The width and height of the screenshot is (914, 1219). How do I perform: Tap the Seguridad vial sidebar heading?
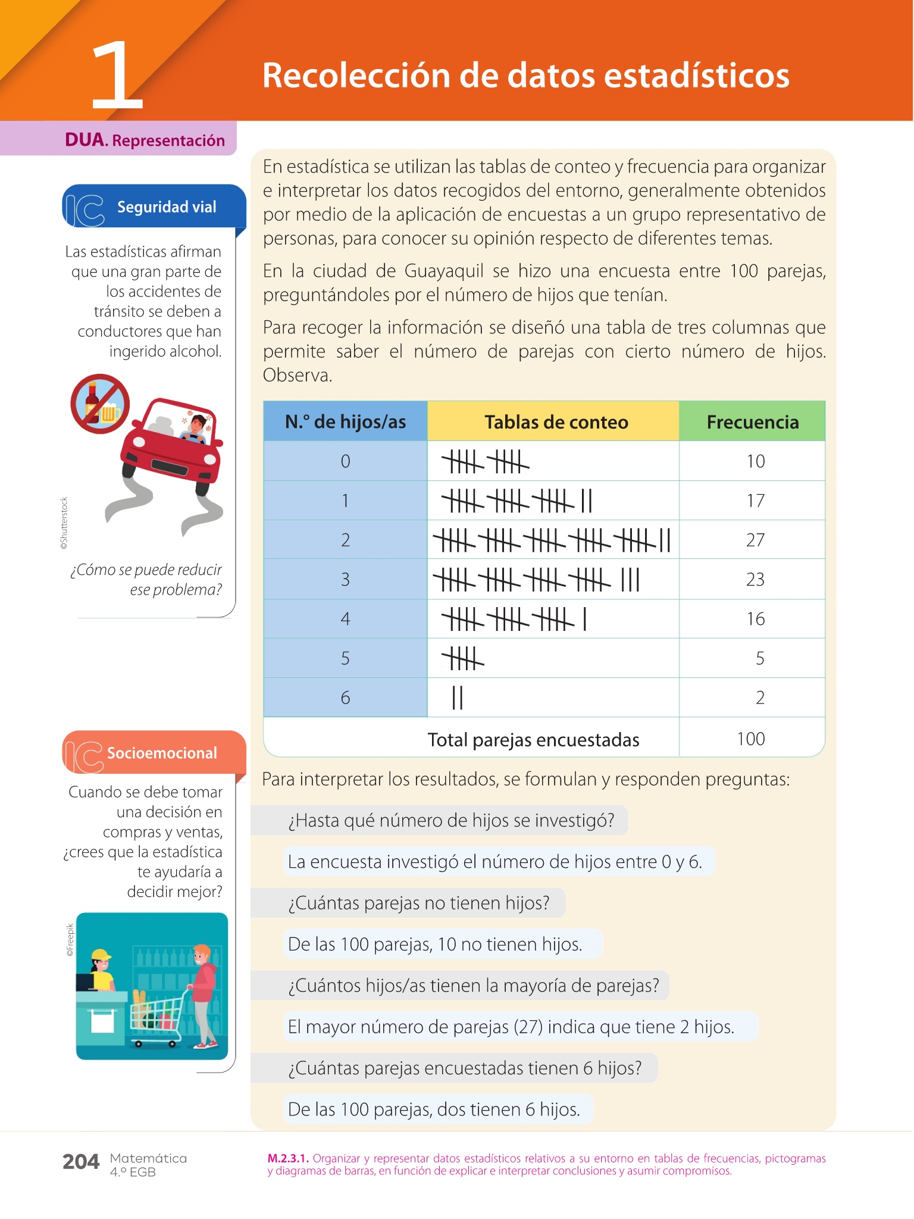click(x=166, y=207)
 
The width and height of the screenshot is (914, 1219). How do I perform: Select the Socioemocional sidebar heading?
click(x=161, y=753)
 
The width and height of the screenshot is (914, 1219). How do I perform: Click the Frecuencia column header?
click(x=752, y=422)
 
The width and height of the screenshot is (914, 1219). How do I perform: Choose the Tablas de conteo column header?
click(x=556, y=422)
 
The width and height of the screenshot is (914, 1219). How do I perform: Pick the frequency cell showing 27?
click(x=755, y=540)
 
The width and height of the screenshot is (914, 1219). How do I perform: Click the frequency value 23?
click(x=755, y=579)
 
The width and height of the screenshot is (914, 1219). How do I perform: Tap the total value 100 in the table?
click(x=750, y=739)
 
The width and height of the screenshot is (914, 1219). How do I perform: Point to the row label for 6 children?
click(x=345, y=698)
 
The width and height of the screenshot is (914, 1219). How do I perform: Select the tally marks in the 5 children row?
click(x=462, y=659)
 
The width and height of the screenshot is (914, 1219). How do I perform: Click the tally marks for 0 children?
click(x=485, y=461)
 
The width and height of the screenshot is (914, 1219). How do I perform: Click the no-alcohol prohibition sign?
click(x=100, y=404)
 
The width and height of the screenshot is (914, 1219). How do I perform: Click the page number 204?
click(x=81, y=1161)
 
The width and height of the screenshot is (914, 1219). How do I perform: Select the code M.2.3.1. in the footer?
click(x=288, y=1158)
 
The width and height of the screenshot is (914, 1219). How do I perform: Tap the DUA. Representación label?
click(x=145, y=140)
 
